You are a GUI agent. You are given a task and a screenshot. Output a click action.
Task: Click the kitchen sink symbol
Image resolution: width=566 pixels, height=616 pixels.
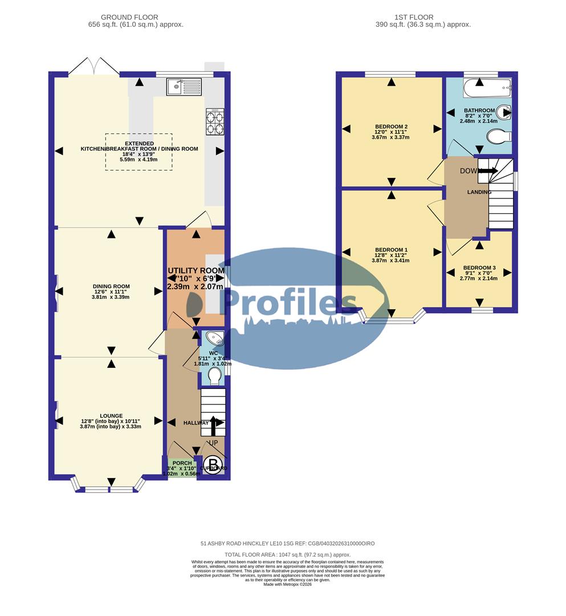pos(184,87)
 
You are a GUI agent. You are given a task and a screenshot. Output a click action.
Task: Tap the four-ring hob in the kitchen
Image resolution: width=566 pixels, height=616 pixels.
pos(215,121)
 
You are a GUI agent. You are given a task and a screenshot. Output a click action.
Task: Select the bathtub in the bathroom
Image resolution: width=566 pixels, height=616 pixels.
pos(487,89)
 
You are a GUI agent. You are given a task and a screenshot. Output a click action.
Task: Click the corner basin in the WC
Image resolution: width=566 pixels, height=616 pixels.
pos(216,339)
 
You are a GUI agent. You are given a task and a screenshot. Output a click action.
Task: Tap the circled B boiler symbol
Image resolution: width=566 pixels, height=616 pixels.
pos(213,463)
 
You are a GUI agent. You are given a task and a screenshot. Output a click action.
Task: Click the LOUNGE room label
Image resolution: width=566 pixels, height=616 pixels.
pos(110,416)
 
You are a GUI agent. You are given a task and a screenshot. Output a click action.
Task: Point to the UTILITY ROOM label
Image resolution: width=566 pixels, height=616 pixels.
pos(195,270)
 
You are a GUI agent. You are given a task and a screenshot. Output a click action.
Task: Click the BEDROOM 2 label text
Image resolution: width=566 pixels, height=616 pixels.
pos(390,127)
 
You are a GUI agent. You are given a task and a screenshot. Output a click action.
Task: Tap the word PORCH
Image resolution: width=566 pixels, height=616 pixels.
pos(182,463)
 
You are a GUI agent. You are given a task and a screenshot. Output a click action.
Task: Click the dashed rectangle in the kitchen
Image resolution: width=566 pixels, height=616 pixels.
pos(138,152)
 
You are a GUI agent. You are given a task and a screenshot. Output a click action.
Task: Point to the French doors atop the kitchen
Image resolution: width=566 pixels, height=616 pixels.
pos(94,67)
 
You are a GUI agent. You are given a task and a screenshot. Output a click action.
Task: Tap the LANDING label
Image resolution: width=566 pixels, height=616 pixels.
pos(479,192)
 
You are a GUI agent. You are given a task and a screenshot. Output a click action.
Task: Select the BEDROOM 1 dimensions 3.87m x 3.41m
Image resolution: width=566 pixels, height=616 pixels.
pos(390,261)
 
